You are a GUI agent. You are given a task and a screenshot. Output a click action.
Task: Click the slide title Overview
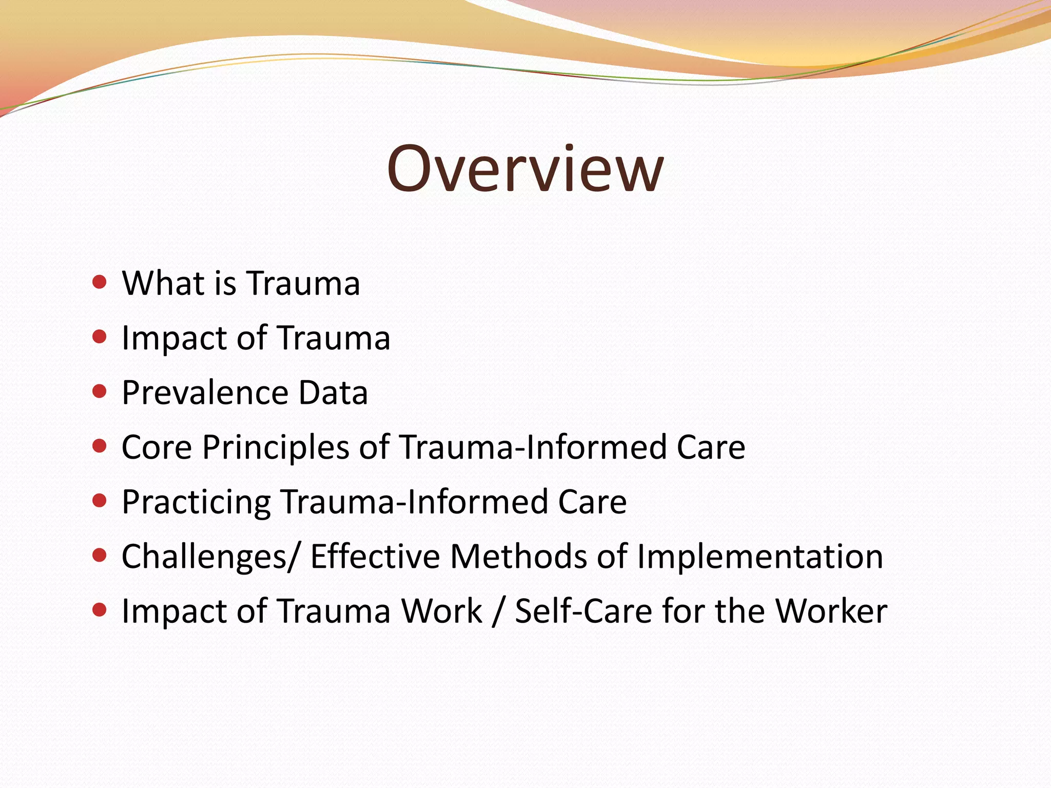pos(525,168)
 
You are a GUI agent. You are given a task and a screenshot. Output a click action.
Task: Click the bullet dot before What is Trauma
pos(100,282)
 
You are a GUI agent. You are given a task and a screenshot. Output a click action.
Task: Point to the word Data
pos(333,392)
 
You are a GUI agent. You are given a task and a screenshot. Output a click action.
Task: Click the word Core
pos(157,447)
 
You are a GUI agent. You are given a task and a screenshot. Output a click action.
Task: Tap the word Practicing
pos(196,502)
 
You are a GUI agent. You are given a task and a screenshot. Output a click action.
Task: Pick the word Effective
pos(375,557)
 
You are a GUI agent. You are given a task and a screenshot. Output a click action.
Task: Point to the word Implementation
pos(760,557)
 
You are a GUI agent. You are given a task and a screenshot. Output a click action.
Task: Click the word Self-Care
pos(583,611)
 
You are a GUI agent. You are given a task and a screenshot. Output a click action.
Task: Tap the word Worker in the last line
pos(831,611)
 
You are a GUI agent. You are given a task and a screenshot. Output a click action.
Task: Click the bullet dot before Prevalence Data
pos(100,391)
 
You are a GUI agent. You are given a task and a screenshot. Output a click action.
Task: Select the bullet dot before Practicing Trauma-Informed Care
pos(100,501)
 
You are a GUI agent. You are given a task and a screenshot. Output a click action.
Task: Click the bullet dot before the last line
pos(100,610)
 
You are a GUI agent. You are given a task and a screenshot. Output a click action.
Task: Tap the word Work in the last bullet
pos(441,611)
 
